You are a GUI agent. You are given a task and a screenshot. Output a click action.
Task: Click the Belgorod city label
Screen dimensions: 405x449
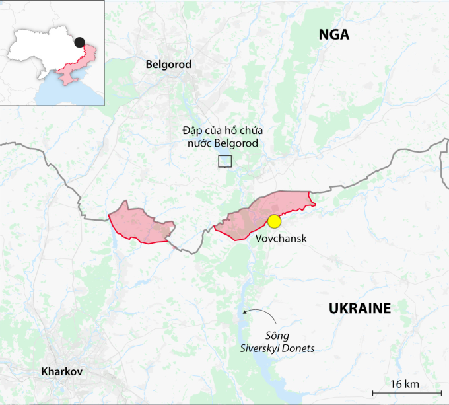[x=168, y=65]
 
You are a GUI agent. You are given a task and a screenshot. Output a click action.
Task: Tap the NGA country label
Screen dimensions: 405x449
[x=333, y=35]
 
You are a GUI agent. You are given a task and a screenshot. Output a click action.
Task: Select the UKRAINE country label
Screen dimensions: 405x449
[x=360, y=308]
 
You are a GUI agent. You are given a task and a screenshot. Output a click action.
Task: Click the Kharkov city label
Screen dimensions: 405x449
[x=61, y=371]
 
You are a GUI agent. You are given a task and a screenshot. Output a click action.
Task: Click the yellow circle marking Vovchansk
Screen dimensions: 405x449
[x=274, y=221]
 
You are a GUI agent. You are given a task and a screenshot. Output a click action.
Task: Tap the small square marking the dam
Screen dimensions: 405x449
[x=225, y=161]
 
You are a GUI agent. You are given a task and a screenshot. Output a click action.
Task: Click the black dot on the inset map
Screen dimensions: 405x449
[x=80, y=42]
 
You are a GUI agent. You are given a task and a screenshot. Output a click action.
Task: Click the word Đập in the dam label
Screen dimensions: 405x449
[x=191, y=131]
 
